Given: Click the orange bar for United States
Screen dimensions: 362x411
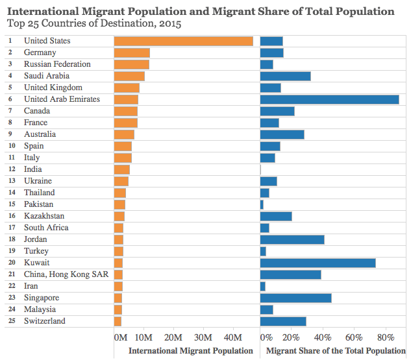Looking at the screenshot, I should pyautogui.click(x=183, y=41).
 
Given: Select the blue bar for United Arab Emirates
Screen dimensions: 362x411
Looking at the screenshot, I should pyautogui.click(x=329, y=99).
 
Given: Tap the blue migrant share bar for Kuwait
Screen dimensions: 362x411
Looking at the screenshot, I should pyautogui.click(x=318, y=263).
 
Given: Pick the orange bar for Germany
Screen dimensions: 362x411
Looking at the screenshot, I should pyautogui.click(x=132, y=53).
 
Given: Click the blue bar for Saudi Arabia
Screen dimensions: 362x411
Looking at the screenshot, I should pyautogui.click(x=285, y=76).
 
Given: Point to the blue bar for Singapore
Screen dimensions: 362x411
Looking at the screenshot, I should pyautogui.click(x=295, y=298).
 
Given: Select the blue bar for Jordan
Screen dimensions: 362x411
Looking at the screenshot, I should pyautogui.click(x=292, y=239).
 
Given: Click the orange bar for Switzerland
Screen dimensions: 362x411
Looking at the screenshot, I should pyautogui.click(x=118, y=321).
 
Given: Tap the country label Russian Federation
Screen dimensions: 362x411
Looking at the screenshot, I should pyautogui.click(x=57, y=64).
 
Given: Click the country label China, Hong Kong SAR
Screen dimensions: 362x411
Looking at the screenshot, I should pyautogui.click(x=66, y=274).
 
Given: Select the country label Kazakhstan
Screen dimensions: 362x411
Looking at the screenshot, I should pyautogui.click(x=44, y=216).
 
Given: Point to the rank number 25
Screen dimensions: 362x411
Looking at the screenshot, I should pyautogui.click(x=10, y=321).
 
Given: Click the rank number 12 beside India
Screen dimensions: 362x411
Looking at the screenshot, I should pyautogui.click(x=10, y=169).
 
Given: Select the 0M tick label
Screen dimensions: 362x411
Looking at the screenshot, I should pyautogui.click(x=120, y=337).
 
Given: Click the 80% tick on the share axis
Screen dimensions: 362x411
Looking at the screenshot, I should pyautogui.click(x=386, y=337).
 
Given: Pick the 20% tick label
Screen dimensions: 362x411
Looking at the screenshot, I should pyautogui.click(x=291, y=337).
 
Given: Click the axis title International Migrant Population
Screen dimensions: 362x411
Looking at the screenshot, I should pyautogui.click(x=191, y=350).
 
